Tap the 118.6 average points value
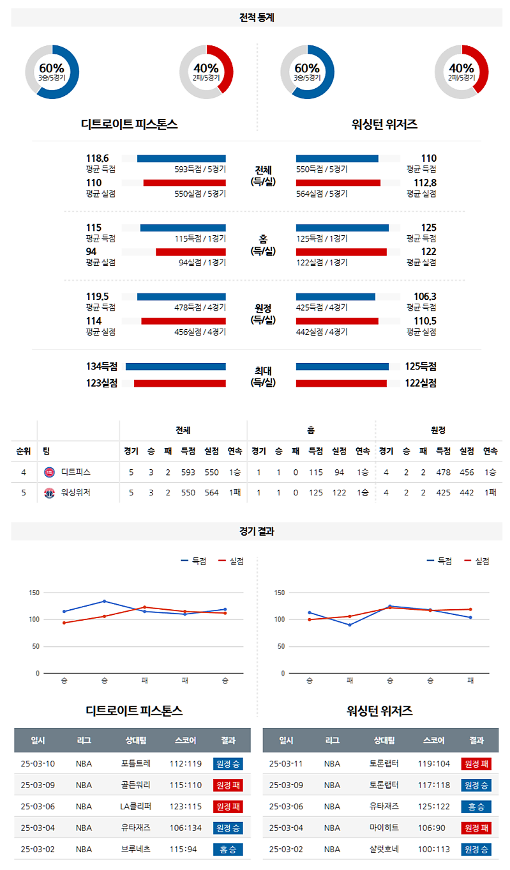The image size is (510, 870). tap(98, 159)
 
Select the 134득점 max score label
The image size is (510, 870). tap(102, 366)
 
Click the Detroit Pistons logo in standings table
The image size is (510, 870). tap(49, 472)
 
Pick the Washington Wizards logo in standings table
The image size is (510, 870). tap(49, 493)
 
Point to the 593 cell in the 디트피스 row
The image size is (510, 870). tap(188, 472)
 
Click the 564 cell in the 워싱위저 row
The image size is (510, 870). tap(211, 493)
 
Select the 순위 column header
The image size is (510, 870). tap(24, 451)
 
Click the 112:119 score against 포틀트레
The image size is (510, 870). tap(185, 763)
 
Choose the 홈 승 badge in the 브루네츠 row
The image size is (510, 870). tap(228, 850)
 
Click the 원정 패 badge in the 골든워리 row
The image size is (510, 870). tap(228, 785)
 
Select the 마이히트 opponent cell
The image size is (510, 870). tap(384, 828)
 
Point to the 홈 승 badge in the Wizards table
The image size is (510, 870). tap(476, 807)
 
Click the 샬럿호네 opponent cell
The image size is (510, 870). tap(384, 850)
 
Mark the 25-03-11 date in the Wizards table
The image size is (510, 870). tap(286, 763)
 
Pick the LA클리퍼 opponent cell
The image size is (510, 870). tap(136, 807)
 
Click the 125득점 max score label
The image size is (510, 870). tap(420, 366)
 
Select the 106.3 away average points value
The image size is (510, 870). tap(424, 297)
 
